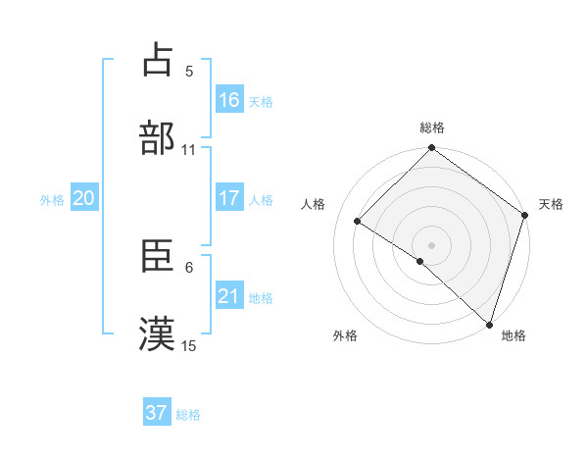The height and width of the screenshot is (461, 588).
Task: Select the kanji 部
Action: [158, 136]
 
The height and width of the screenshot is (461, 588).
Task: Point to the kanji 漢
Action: [158, 333]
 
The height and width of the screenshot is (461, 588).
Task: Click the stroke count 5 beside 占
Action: [189, 72]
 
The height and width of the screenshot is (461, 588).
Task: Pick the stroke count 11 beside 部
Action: [189, 150]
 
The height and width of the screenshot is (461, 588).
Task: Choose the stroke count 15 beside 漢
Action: [189, 345]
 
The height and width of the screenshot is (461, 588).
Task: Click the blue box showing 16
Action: [229, 100]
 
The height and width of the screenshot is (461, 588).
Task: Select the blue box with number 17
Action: [229, 198]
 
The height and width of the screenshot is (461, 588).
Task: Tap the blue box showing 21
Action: [229, 296]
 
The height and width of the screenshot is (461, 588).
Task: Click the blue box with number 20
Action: [84, 198]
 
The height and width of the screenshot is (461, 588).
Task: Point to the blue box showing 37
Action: [157, 413]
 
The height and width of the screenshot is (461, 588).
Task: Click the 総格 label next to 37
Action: [188, 415]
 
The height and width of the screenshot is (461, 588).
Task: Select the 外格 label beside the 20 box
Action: [52, 200]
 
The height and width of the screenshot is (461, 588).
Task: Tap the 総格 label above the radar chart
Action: [432, 128]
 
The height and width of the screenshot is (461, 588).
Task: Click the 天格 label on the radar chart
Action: [551, 204]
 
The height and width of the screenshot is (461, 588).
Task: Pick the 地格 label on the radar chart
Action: [514, 335]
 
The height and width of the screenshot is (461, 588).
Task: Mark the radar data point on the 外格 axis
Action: [420, 261]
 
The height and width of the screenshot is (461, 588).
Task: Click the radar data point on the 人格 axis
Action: [358, 222]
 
